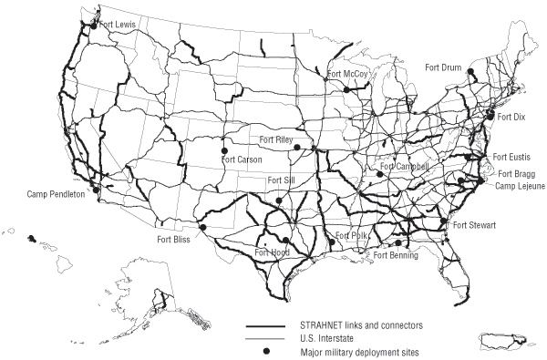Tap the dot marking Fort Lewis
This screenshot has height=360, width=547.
pos(93,26)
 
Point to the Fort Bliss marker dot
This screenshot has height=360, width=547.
pos(204,228)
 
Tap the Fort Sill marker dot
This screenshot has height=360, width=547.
pos(279,200)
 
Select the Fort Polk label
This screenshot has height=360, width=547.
pos(353,235)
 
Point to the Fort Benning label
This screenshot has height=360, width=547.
pos(397,255)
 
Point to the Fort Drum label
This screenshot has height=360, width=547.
pos(444,67)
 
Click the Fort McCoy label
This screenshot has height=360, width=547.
pos(349,74)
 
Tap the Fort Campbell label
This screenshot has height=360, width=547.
pos(404,167)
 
